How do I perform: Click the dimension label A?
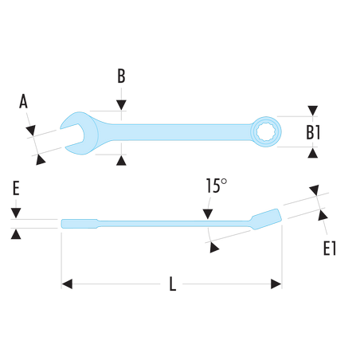click(x=23, y=101)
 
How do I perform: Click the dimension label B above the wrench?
click(x=121, y=76)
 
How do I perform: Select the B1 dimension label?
click(x=313, y=132)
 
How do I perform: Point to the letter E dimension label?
click(x=16, y=188)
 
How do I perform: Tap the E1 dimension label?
click(x=330, y=248)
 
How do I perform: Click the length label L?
click(x=173, y=284)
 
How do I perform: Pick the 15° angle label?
click(x=217, y=186)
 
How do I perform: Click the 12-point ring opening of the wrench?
click(x=266, y=131)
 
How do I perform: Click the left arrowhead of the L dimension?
click(x=67, y=284)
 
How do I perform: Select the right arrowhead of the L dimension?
click(x=276, y=284)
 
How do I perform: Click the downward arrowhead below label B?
click(x=121, y=105)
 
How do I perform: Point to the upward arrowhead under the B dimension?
click(x=121, y=161)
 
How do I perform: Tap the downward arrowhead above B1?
click(x=313, y=111)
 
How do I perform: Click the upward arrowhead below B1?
click(x=313, y=153)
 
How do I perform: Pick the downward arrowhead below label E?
click(x=16, y=213)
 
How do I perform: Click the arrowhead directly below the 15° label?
click(x=208, y=214)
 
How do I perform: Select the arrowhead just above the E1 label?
click(x=323, y=215)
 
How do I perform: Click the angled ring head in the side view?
click(x=266, y=219)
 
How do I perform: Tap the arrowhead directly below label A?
click(x=31, y=130)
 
